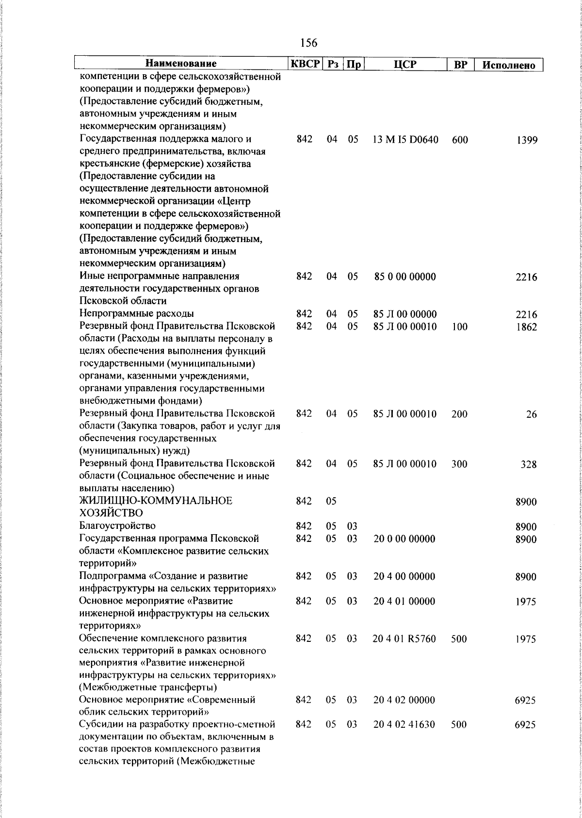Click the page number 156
pyautogui.click(x=308, y=43)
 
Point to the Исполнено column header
pyautogui.click(x=509, y=65)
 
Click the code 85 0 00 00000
pyautogui.click(x=405, y=277)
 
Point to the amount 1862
pyautogui.click(x=527, y=327)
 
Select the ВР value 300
pyautogui.click(x=459, y=464)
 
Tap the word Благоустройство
pyautogui.click(x=117, y=526)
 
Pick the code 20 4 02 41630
pyautogui.click(x=404, y=725)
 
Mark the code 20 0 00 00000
pyautogui.click(x=404, y=539)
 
